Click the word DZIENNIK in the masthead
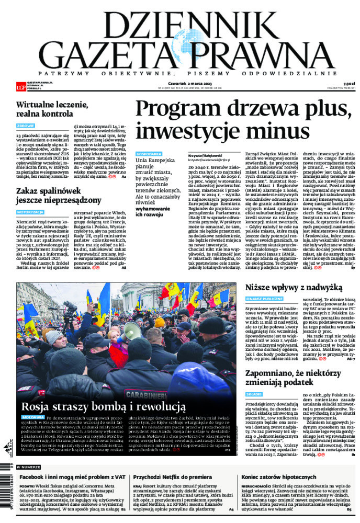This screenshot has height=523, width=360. [179, 23]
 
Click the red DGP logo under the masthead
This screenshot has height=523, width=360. [20, 85]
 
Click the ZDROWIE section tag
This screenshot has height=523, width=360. [26, 126]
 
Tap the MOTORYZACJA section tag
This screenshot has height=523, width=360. [30, 213]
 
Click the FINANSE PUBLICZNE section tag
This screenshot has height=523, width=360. [265, 299]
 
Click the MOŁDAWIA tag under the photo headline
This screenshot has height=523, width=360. [32, 418]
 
